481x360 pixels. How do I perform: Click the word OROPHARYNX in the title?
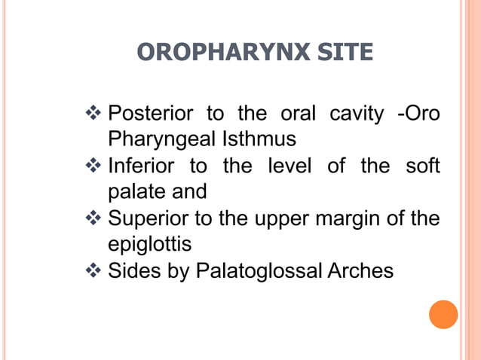(x=225, y=52)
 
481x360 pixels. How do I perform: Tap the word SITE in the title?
(x=345, y=52)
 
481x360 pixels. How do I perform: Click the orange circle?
(x=443, y=314)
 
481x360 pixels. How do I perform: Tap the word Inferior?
(x=142, y=166)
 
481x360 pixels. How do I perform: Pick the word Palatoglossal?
(x=260, y=270)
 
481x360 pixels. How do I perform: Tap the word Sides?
(x=133, y=270)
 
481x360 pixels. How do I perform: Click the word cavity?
(x=357, y=114)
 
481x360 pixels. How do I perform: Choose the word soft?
(x=422, y=166)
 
